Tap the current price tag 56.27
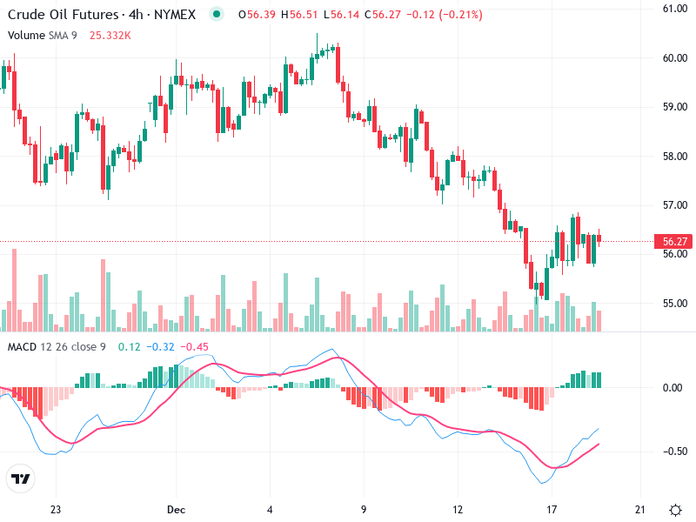tap(675, 241)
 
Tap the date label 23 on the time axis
tap(56, 509)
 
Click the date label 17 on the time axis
tap(551, 509)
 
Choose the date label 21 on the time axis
tap(641, 509)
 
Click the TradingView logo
tap(20, 478)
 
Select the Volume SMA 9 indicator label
tap(43, 35)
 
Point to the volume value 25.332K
tap(110, 35)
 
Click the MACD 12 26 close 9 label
tap(57, 347)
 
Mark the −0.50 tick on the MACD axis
tap(673, 451)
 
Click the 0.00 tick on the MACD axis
tap(673, 387)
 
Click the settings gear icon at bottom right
tap(675, 509)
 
